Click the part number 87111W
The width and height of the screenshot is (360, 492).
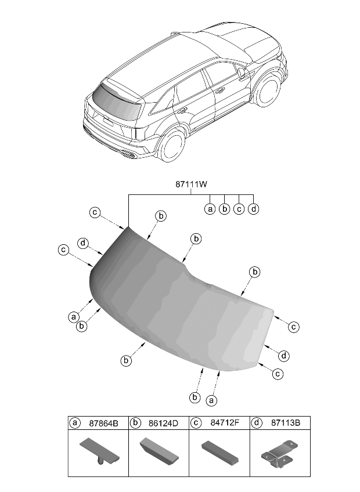(x=192, y=184)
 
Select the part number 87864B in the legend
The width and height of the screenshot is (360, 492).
(x=103, y=424)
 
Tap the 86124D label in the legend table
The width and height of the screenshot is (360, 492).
(x=164, y=424)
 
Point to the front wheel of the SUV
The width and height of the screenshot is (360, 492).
(x=268, y=93)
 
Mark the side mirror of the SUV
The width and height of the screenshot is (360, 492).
(x=240, y=72)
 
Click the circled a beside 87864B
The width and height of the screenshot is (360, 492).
(x=75, y=424)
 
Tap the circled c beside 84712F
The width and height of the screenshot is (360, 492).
(x=196, y=424)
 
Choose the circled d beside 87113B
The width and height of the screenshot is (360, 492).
(x=256, y=424)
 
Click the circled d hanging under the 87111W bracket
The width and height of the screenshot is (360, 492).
(x=253, y=209)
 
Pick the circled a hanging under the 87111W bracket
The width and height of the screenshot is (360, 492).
(x=210, y=209)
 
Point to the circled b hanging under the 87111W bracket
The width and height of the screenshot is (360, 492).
(x=225, y=209)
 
